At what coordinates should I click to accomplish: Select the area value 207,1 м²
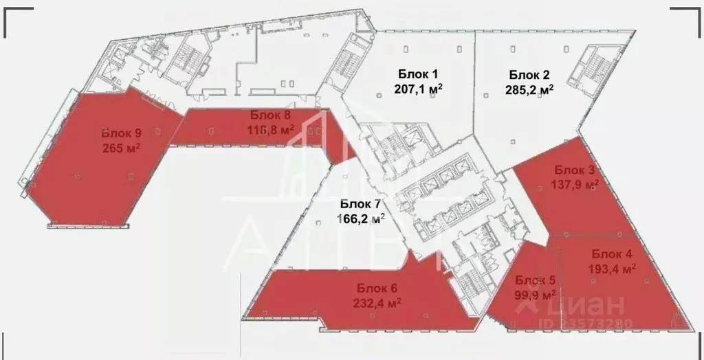pos(417,89)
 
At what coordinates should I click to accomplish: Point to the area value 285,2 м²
pos(530,89)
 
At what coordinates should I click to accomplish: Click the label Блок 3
pos(575,170)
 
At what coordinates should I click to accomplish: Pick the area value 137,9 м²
pos(575,184)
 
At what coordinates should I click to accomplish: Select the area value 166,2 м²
pos(360,218)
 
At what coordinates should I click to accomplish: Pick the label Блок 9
pos(122,133)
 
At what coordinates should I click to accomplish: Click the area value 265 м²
pos(122,147)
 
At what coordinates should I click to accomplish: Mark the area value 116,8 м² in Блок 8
pos(271,128)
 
